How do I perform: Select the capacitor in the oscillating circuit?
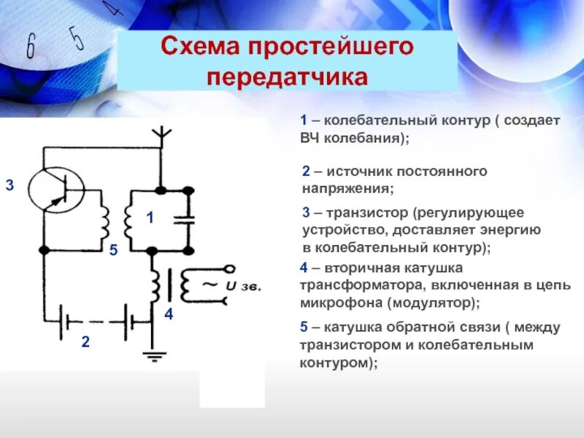point(188,218)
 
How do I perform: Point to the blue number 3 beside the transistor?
point(9,186)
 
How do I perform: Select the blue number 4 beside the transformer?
point(169,315)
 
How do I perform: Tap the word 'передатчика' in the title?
point(288,77)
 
